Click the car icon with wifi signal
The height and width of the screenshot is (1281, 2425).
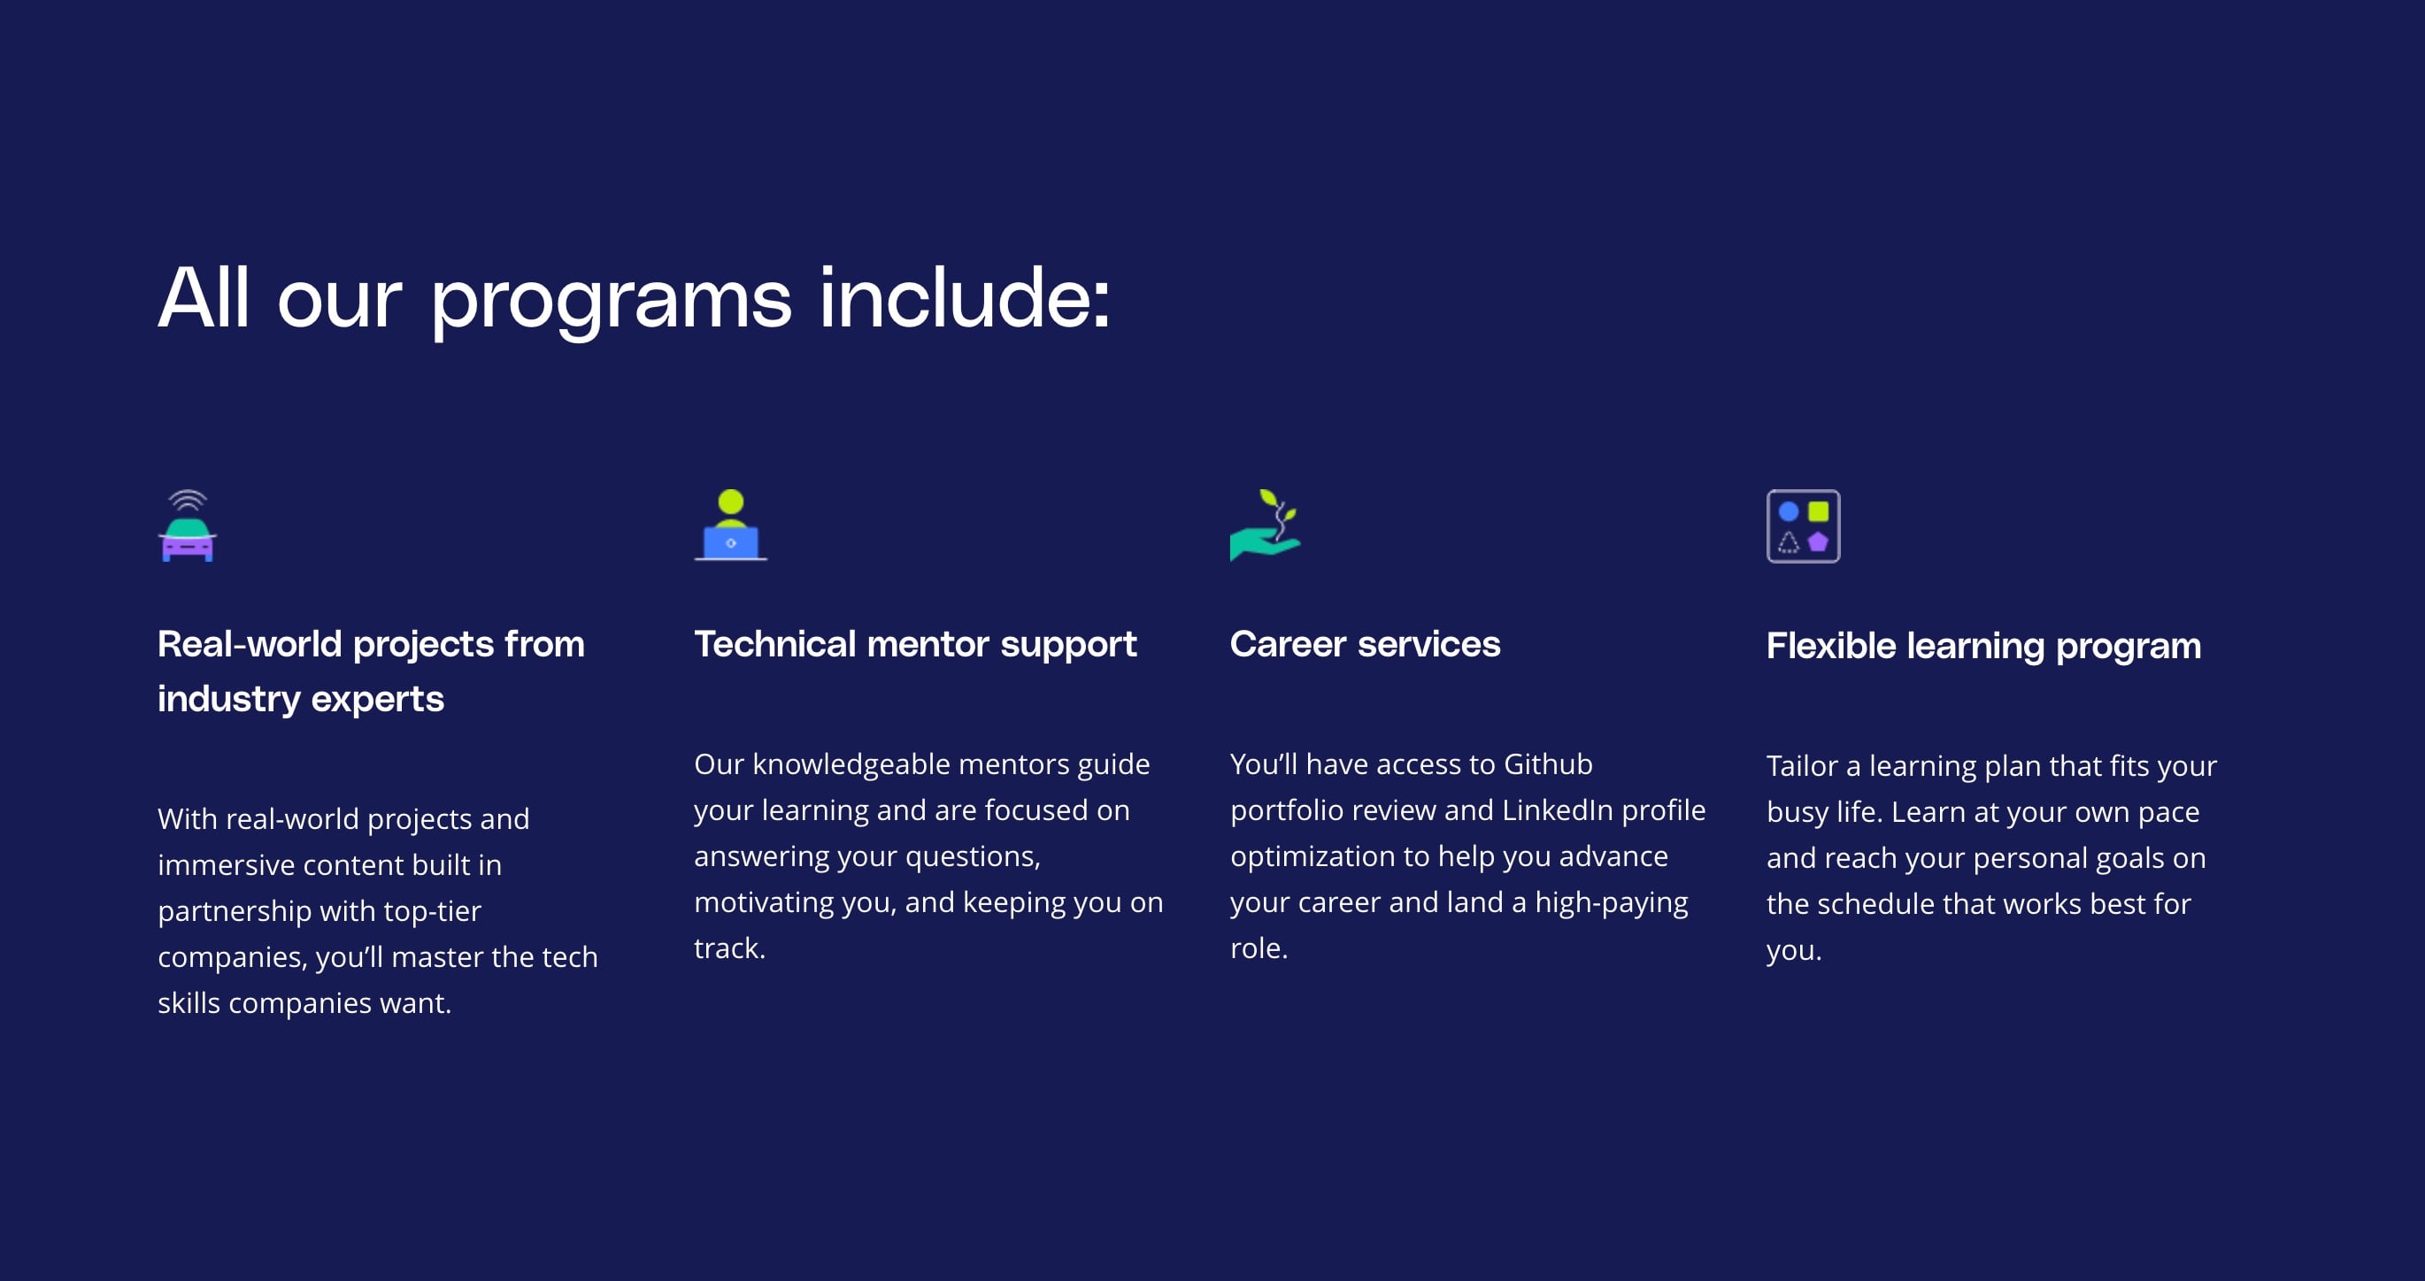[x=188, y=525]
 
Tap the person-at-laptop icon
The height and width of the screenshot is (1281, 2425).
[x=730, y=525]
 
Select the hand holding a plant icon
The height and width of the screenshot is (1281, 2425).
[x=1266, y=525]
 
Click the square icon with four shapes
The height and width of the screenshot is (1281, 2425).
[x=1803, y=526]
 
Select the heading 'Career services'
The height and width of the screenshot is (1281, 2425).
[x=1365, y=644]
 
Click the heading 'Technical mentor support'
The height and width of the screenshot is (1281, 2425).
[x=915, y=646]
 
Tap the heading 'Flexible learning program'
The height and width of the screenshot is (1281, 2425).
[x=1983, y=648]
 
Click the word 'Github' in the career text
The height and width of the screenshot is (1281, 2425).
[x=1548, y=764]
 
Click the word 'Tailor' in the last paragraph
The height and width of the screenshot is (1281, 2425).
[x=1802, y=766]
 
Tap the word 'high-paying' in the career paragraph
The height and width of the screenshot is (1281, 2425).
[x=1612, y=903]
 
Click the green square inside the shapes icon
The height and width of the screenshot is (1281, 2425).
[x=1819, y=511]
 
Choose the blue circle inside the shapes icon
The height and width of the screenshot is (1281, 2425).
[x=1789, y=511]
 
